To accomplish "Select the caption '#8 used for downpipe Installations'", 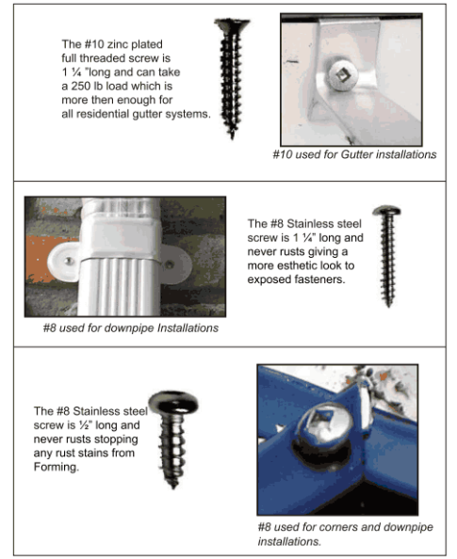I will click(131, 327).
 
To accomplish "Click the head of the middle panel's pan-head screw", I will click(387, 214).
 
